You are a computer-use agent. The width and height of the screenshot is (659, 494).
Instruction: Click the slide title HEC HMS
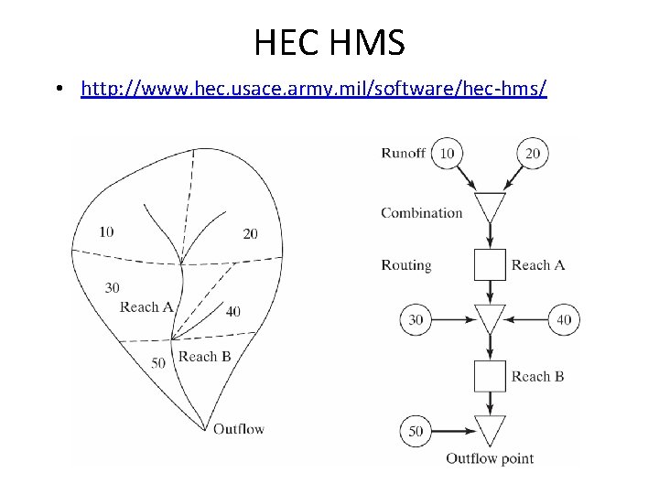(x=329, y=41)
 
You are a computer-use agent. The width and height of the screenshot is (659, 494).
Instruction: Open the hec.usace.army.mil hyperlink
(x=313, y=90)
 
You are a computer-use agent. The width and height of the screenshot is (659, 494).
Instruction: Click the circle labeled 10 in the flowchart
(x=446, y=153)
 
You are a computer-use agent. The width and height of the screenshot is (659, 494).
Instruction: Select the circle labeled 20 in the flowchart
(x=533, y=153)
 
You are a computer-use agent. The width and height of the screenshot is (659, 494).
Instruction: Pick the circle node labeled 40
(x=563, y=319)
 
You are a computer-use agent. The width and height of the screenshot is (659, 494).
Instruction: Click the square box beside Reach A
(x=490, y=265)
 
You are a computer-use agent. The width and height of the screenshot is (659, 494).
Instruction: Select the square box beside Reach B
(x=490, y=376)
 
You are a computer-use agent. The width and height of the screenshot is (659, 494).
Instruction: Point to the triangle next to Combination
(x=490, y=206)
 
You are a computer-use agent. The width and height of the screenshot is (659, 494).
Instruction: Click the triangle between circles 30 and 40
(x=490, y=317)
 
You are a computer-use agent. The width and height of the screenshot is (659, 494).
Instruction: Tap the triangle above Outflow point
(x=490, y=428)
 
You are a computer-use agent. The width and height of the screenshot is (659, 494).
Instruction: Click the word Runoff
(x=403, y=153)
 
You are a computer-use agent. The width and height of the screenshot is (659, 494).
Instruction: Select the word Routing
(x=405, y=265)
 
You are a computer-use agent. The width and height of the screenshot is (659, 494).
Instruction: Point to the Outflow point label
(x=490, y=457)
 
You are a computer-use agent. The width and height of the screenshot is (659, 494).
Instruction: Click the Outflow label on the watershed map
(x=238, y=428)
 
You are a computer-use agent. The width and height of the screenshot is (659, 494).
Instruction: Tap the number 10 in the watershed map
(x=106, y=231)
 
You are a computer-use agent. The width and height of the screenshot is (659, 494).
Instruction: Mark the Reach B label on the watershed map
(x=204, y=357)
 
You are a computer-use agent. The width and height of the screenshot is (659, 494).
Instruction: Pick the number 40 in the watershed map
(x=233, y=312)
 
